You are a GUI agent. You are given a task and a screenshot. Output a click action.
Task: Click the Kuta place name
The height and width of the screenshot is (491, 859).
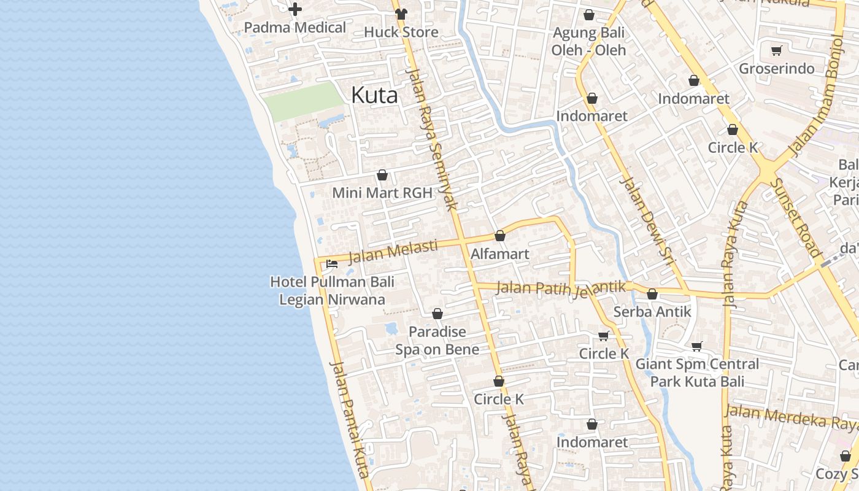374,95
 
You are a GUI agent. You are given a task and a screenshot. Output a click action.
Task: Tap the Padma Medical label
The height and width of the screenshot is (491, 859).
295,28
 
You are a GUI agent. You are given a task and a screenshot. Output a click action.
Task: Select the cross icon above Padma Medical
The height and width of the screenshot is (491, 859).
295,9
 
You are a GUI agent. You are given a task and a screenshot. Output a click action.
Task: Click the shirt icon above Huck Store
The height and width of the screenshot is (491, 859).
401,14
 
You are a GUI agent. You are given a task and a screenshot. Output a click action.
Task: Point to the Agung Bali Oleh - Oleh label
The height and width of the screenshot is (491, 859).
588,41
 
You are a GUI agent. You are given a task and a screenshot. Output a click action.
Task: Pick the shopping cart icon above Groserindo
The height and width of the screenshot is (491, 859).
777,50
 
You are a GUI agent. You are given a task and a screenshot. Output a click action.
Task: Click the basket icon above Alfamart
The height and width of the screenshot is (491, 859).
500,236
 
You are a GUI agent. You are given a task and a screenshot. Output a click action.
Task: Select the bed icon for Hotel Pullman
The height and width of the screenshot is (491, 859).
332,264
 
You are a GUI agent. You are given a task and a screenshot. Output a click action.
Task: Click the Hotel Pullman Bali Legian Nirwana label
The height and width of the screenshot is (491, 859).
332,291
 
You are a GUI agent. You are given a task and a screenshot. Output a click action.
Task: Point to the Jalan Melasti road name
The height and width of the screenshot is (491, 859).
393,251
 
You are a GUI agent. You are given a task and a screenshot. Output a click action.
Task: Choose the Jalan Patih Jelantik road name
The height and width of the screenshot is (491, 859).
561,287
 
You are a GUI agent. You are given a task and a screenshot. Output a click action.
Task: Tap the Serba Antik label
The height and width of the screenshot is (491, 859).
652,312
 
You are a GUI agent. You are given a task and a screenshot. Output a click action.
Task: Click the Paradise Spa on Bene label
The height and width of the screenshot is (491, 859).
437,341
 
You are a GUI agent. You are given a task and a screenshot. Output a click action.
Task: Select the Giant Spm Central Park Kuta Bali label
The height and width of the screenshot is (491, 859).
697,373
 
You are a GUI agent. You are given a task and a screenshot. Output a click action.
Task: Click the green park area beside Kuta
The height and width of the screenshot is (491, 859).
304,102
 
